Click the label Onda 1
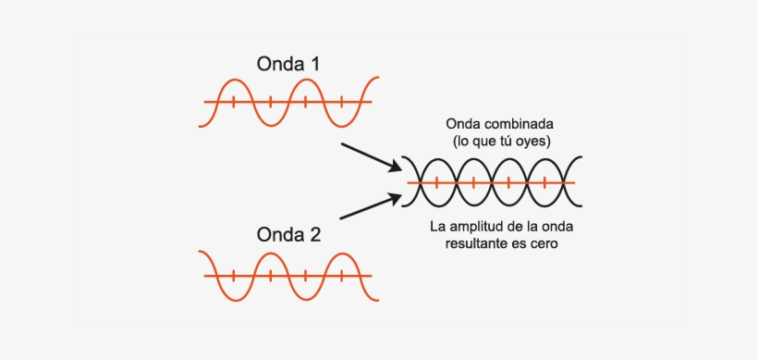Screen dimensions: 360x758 tap(288, 64)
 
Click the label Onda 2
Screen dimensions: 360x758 tap(288, 235)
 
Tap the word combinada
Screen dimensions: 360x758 tap(519, 124)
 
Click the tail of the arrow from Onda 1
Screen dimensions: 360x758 tap(342, 144)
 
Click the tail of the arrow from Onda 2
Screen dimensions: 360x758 tap(341, 219)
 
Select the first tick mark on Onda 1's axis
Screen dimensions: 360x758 tap(233, 101)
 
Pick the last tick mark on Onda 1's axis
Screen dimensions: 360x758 tap(342, 101)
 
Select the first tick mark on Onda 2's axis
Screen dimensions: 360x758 tap(233, 275)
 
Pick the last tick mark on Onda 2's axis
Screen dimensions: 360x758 tap(342, 275)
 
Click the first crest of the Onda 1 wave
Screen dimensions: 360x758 tap(233, 79)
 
